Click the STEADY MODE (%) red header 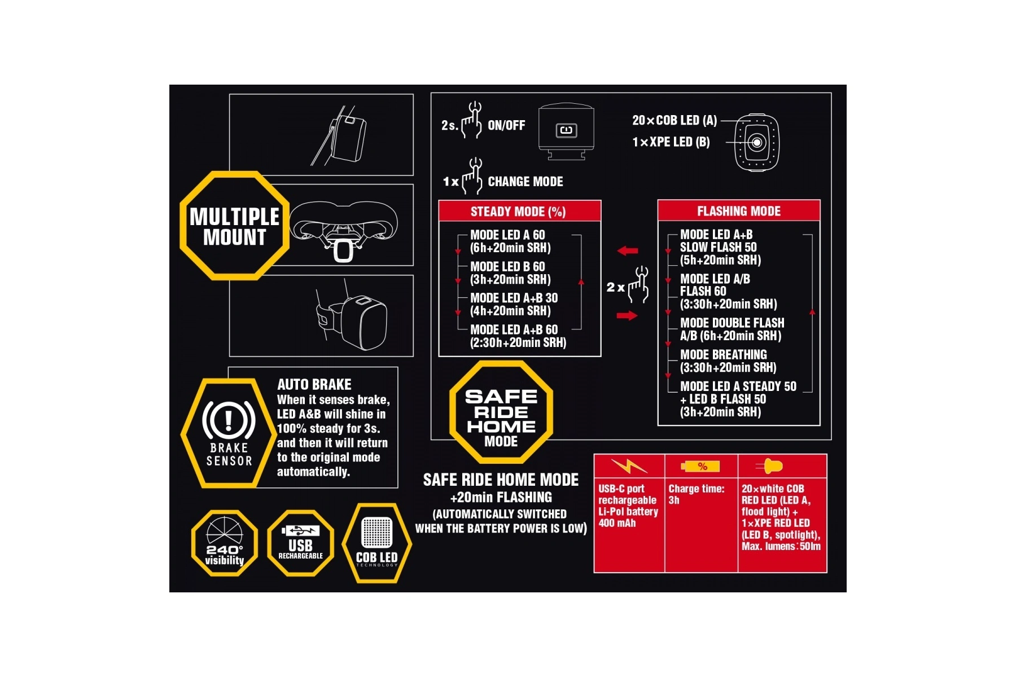click(x=519, y=212)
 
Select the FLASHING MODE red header click(x=739, y=211)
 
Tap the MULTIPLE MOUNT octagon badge click(x=234, y=226)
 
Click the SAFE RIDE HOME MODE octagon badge click(x=501, y=412)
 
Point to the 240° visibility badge click(x=225, y=543)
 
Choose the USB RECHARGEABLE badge click(x=300, y=543)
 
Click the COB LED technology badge click(x=377, y=543)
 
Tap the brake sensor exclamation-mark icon click(x=229, y=420)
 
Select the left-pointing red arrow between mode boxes click(x=627, y=250)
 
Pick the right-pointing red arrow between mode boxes click(x=627, y=315)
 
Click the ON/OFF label click(x=506, y=125)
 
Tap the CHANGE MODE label click(x=525, y=182)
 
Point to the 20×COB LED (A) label click(x=675, y=120)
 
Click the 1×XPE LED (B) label click(x=671, y=142)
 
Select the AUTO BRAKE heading click(x=314, y=385)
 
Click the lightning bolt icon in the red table click(x=629, y=466)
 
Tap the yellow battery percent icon click(x=700, y=467)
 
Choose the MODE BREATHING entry click(x=728, y=361)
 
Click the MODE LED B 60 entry click(x=510, y=273)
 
